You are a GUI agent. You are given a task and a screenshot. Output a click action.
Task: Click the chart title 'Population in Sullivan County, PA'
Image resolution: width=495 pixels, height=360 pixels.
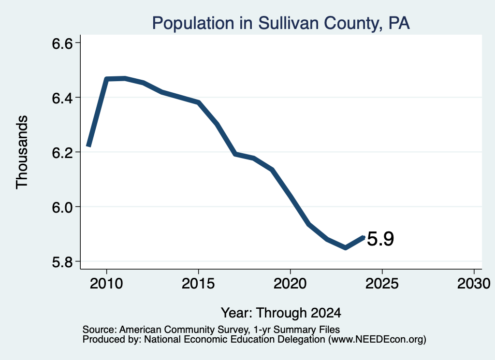(281, 23)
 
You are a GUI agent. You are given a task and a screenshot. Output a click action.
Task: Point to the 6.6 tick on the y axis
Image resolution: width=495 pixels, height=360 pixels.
(62, 43)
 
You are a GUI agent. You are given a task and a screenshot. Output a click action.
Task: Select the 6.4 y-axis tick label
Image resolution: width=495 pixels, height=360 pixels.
(62, 98)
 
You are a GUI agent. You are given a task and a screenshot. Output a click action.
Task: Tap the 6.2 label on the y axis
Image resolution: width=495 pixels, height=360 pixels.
(62, 153)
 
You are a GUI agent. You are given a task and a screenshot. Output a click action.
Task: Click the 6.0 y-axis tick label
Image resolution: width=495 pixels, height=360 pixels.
(62, 207)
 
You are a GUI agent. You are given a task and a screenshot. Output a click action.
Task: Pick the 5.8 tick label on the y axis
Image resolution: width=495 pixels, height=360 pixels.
(62, 262)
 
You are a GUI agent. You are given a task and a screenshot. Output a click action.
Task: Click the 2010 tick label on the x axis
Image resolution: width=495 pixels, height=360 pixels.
(106, 283)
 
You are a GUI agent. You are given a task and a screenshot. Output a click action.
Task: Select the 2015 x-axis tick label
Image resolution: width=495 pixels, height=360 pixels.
(198, 283)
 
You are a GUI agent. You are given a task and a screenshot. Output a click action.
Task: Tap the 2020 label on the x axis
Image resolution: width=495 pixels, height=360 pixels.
(290, 283)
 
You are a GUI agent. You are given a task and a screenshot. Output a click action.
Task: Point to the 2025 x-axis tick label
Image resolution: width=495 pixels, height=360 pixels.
(382, 283)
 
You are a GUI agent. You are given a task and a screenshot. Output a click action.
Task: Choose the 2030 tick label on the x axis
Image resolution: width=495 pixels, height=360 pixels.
(474, 283)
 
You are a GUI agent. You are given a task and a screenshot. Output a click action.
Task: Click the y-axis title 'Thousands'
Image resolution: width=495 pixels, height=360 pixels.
(22, 152)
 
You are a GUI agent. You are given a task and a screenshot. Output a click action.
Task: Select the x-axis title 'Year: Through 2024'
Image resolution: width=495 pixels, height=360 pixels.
(281, 313)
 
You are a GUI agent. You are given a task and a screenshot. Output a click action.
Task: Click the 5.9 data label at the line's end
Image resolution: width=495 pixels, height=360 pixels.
(380, 239)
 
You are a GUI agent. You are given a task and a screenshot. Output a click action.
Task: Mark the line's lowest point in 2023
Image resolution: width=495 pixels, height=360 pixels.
(346, 248)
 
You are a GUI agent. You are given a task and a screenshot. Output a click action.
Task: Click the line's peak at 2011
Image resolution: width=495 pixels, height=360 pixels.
(125, 78)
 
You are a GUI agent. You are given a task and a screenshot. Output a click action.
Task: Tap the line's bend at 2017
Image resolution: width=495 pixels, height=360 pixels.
(235, 154)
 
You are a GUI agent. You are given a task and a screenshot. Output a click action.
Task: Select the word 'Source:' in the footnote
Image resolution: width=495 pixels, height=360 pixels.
(100, 330)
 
